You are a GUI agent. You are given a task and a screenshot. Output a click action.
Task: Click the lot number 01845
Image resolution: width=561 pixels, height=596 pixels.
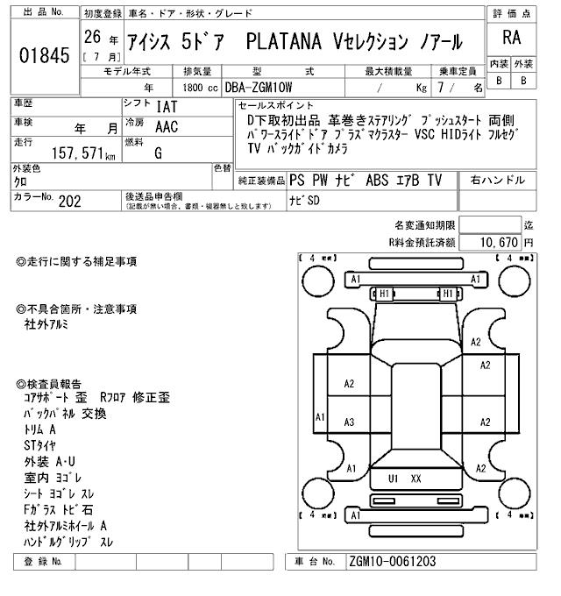point(45,55)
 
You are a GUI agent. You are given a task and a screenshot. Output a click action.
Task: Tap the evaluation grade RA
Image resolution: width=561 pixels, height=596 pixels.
point(511,38)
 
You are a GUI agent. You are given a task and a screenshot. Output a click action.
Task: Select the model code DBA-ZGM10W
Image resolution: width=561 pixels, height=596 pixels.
point(259,88)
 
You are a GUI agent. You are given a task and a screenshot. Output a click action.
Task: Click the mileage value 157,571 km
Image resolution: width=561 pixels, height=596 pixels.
point(83,153)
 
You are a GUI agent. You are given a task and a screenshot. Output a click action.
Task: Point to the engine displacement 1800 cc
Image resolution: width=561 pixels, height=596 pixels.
point(200,88)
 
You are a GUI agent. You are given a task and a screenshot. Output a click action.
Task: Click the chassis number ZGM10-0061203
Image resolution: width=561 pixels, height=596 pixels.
point(392,562)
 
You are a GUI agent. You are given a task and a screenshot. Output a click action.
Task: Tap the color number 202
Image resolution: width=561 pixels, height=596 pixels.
point(69,201)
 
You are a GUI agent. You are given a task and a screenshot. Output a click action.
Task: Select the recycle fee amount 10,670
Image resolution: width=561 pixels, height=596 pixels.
point(499,242)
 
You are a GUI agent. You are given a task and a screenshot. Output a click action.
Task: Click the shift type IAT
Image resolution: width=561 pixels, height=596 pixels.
point(167,107)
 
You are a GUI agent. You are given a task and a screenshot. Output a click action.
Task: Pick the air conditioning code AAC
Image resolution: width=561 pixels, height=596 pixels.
point(167,126)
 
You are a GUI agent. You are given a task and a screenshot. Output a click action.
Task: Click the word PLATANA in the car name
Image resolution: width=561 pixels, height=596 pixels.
point(283,41)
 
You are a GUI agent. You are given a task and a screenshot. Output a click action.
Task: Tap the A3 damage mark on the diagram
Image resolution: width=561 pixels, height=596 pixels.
point(349,422)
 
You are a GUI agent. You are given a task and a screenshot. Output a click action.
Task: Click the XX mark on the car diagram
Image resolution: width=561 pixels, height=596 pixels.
point(415,479)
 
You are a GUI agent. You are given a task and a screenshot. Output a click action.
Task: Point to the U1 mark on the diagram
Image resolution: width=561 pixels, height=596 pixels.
point(393,479)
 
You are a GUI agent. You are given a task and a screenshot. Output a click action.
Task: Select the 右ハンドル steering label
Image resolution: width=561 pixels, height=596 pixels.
point(498,180)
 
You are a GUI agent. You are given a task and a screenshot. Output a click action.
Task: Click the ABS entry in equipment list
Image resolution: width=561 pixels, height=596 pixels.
point(377,181)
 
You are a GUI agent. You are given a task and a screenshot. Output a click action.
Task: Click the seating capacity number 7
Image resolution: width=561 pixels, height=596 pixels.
point(441,88)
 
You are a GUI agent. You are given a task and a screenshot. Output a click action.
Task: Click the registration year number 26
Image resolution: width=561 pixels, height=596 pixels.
point(92,37)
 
